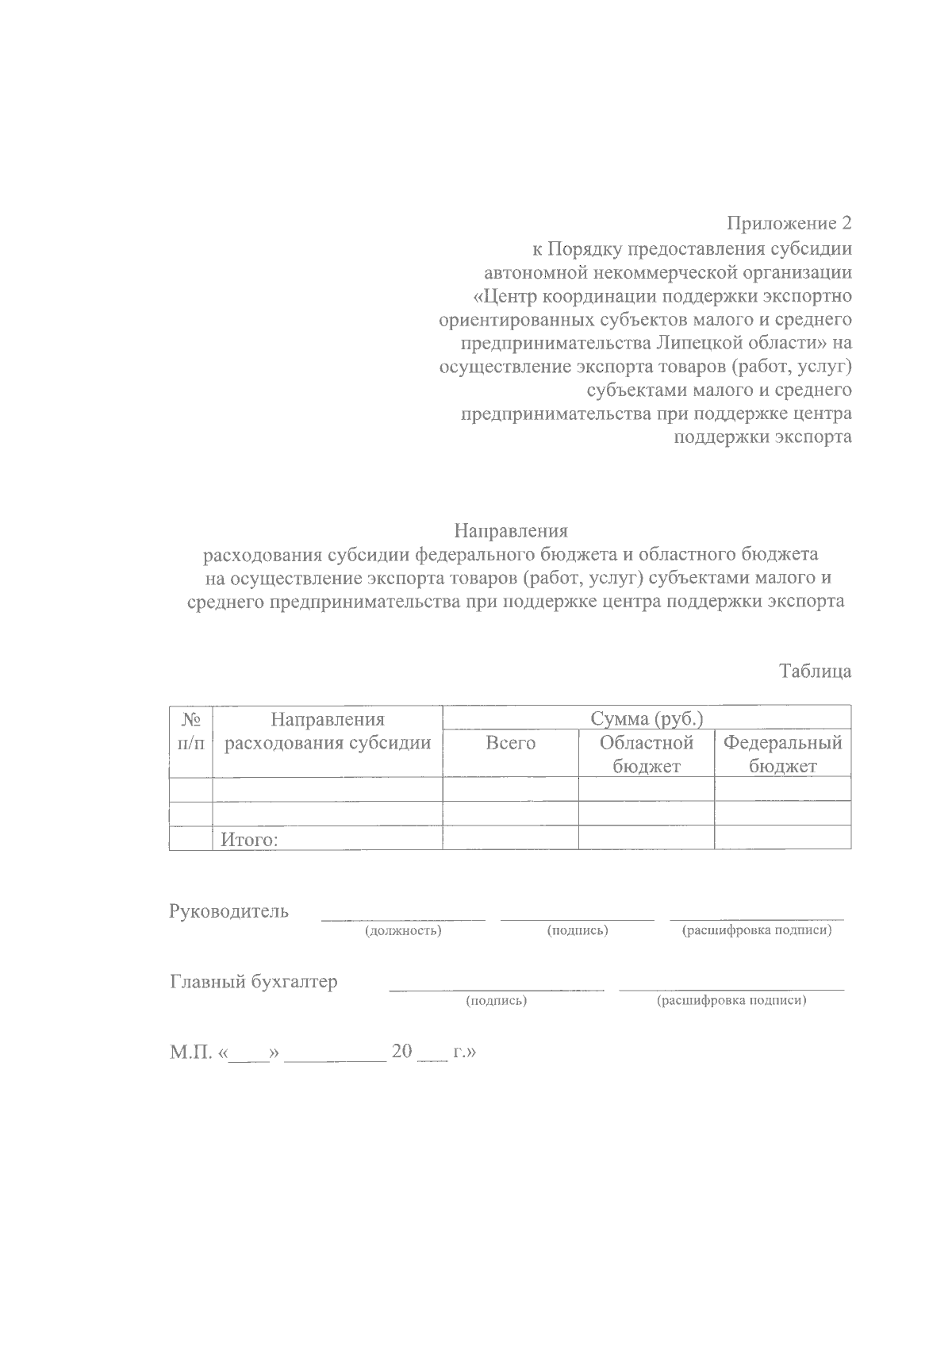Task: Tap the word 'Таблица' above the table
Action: click(815, 672)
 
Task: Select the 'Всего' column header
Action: click(510, 744)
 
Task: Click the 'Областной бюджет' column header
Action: click(646, 754)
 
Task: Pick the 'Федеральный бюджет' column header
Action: click(782, 754)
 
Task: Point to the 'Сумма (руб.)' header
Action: click(647, 719)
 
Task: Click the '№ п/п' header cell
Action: click(190, 731)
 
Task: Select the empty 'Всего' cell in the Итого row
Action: click(510, 837)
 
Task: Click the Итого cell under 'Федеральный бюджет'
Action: click(782, 837)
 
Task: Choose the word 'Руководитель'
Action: click(228, 911)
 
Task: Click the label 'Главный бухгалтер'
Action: click(253, 982)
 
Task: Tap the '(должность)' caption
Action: click(403, 930)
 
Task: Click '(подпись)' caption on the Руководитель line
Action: click(578, 930)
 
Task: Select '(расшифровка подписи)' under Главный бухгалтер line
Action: click(731, 1001)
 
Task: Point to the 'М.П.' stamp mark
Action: click(190, 1053)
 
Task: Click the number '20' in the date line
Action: click(403, 1053)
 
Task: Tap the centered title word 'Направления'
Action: click(511, 530)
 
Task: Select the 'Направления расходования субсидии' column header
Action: click(327, 731)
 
